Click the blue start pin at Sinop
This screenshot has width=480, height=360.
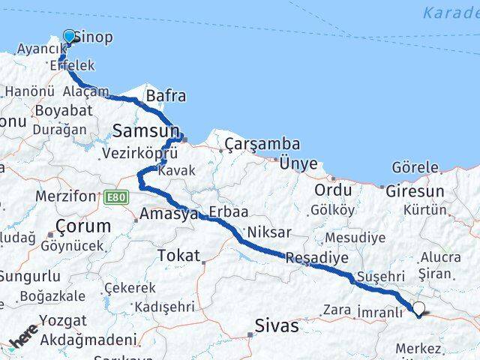(70, 37)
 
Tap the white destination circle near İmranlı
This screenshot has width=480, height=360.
(419, 307)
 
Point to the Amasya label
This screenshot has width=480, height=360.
(169, 214)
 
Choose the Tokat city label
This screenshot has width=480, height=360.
(178, 256)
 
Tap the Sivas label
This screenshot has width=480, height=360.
(277, 326)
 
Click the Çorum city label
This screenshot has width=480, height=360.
(84, 226)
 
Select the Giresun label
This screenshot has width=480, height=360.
(415, 191)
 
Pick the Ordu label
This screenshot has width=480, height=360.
(333, 190)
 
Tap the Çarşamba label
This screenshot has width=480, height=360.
(264, 143)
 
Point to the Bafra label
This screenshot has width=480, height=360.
(166, 96)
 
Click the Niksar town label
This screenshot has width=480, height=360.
(268, 232)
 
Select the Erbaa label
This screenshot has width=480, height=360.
(228, 212)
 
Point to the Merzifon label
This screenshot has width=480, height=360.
(66, 196)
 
